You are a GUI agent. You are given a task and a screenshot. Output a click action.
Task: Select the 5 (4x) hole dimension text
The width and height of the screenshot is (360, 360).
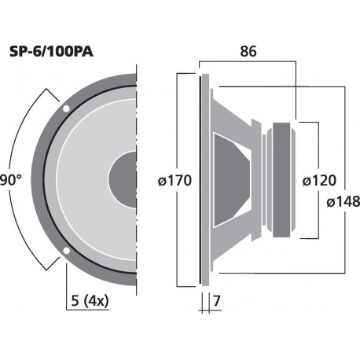coord(88,300)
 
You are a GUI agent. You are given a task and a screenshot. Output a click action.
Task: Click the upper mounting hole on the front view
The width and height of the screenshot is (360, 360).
coord(65,107)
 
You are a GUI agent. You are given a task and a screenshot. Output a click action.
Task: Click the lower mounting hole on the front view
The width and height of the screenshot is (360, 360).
coord(65,252)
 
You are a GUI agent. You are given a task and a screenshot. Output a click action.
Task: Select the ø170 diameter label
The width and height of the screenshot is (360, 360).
coord(174,180)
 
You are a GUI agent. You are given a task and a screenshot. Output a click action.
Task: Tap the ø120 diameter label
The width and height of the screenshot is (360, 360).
coord(320,180)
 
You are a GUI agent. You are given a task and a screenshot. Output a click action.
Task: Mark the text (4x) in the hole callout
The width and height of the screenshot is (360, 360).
coord(96,300)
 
